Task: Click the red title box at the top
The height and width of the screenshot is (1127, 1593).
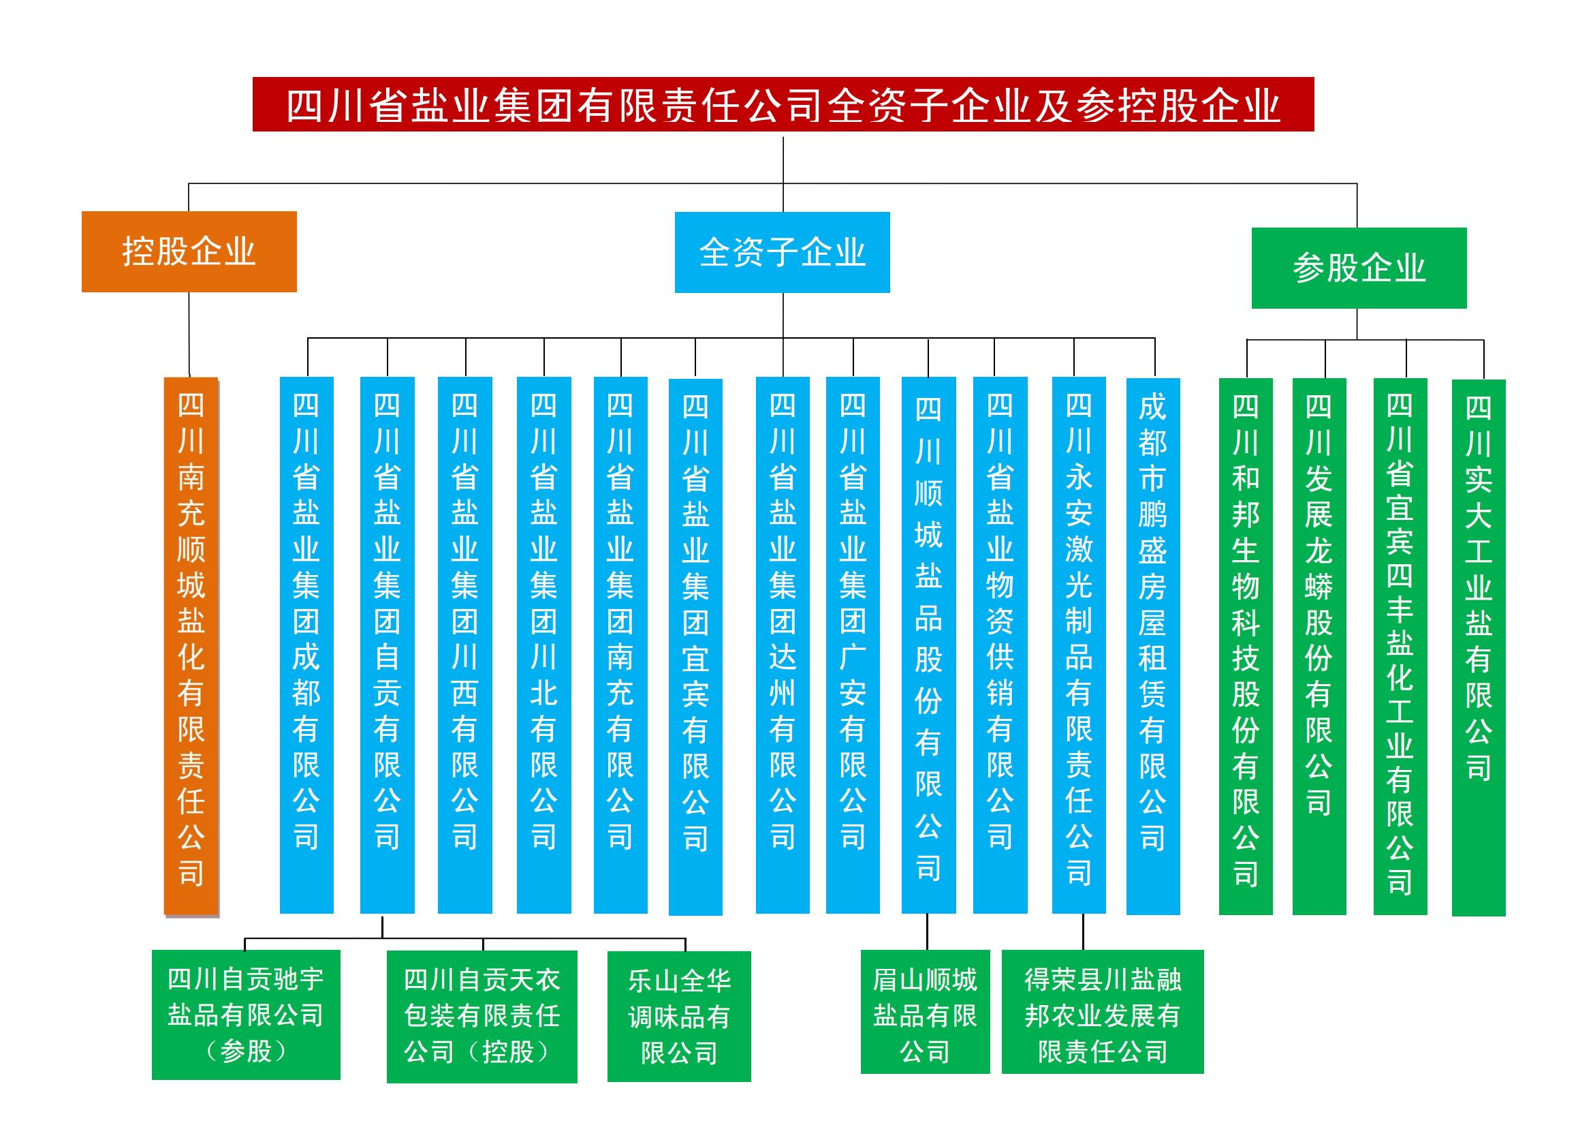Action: (x=783, y=104)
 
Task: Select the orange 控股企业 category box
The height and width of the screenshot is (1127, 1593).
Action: (x=189, y=252)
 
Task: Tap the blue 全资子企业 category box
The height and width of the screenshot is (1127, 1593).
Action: (x=782, y=253)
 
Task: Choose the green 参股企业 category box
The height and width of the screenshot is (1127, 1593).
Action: (x=1359, y=268)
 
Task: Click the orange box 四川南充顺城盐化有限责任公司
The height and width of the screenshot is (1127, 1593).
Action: (x=191, y=646)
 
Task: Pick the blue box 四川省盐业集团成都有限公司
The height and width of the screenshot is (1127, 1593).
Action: (x=306, y=645)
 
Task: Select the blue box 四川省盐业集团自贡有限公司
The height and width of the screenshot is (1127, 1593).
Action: (x=387, y=645)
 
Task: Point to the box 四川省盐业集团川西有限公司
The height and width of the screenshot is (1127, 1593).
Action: (x=465, y=645)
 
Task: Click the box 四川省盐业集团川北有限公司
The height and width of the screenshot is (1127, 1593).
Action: (x=544, y=645)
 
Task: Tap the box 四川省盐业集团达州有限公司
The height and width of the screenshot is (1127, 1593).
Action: (x=783, y=645)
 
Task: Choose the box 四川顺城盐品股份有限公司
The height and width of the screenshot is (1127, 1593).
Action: (x=928, y=645)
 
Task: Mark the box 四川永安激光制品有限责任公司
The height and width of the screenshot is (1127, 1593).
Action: (x=1079, y=645)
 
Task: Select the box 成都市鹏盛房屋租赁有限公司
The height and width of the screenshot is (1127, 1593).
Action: (x=1153, y=647)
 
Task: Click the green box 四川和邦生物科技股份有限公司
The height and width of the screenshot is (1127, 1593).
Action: (x=1246, y=647)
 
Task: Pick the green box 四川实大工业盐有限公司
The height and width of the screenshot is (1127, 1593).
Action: (x=1479, y=648)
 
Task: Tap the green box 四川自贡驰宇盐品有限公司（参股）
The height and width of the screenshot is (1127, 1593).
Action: (x=247, y=1015)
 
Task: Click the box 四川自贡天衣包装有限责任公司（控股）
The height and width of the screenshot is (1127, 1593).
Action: (x=482, y=1017)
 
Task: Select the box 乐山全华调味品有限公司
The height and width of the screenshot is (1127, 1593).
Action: (x=679, y=1017)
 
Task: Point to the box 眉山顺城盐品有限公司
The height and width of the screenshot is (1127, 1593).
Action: (x=926, y=1012)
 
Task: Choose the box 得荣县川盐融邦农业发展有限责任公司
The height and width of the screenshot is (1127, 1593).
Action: (x=1103, y=1012)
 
